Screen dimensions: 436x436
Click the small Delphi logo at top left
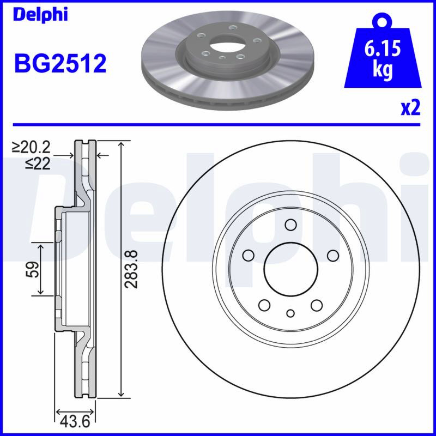40,15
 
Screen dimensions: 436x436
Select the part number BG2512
60,63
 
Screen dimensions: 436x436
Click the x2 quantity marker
410,108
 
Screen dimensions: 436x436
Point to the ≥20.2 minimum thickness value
31,147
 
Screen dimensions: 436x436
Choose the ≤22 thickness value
38,163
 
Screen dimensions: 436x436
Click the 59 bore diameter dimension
33,269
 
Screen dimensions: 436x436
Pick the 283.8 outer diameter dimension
131,269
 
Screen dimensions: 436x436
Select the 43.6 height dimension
75,422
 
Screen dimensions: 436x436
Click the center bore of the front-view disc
290,269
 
